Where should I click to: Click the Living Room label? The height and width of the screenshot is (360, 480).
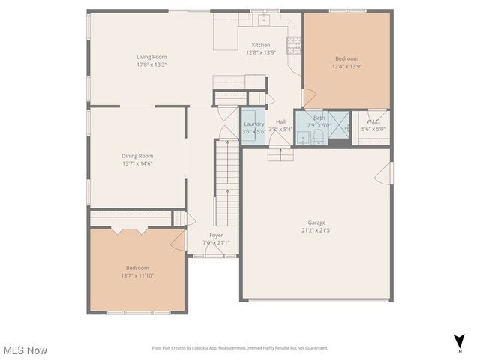(151, 57)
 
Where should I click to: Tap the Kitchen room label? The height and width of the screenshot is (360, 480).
(261, 45)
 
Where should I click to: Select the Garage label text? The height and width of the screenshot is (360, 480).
(316, 223)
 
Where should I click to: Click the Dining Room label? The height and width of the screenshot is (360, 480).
(137, 156)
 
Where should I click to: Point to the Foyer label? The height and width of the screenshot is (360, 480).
(216, 235)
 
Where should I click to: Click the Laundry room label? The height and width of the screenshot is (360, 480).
(253, 124)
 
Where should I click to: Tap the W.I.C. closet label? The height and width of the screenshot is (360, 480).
(373, 121)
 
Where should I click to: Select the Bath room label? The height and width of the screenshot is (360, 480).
(319, 118)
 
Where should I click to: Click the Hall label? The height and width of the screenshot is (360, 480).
(280, 121)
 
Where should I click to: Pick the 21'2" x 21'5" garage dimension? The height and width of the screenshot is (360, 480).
(316, 230)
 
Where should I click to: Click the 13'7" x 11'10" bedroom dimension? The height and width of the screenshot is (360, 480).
(137, 275)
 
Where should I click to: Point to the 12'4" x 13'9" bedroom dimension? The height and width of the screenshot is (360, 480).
(346, 66)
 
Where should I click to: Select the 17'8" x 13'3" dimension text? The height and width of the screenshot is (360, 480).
(151, 64)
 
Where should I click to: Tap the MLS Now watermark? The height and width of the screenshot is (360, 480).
(25, 350)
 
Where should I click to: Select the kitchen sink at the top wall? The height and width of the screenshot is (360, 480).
(264, 18)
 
